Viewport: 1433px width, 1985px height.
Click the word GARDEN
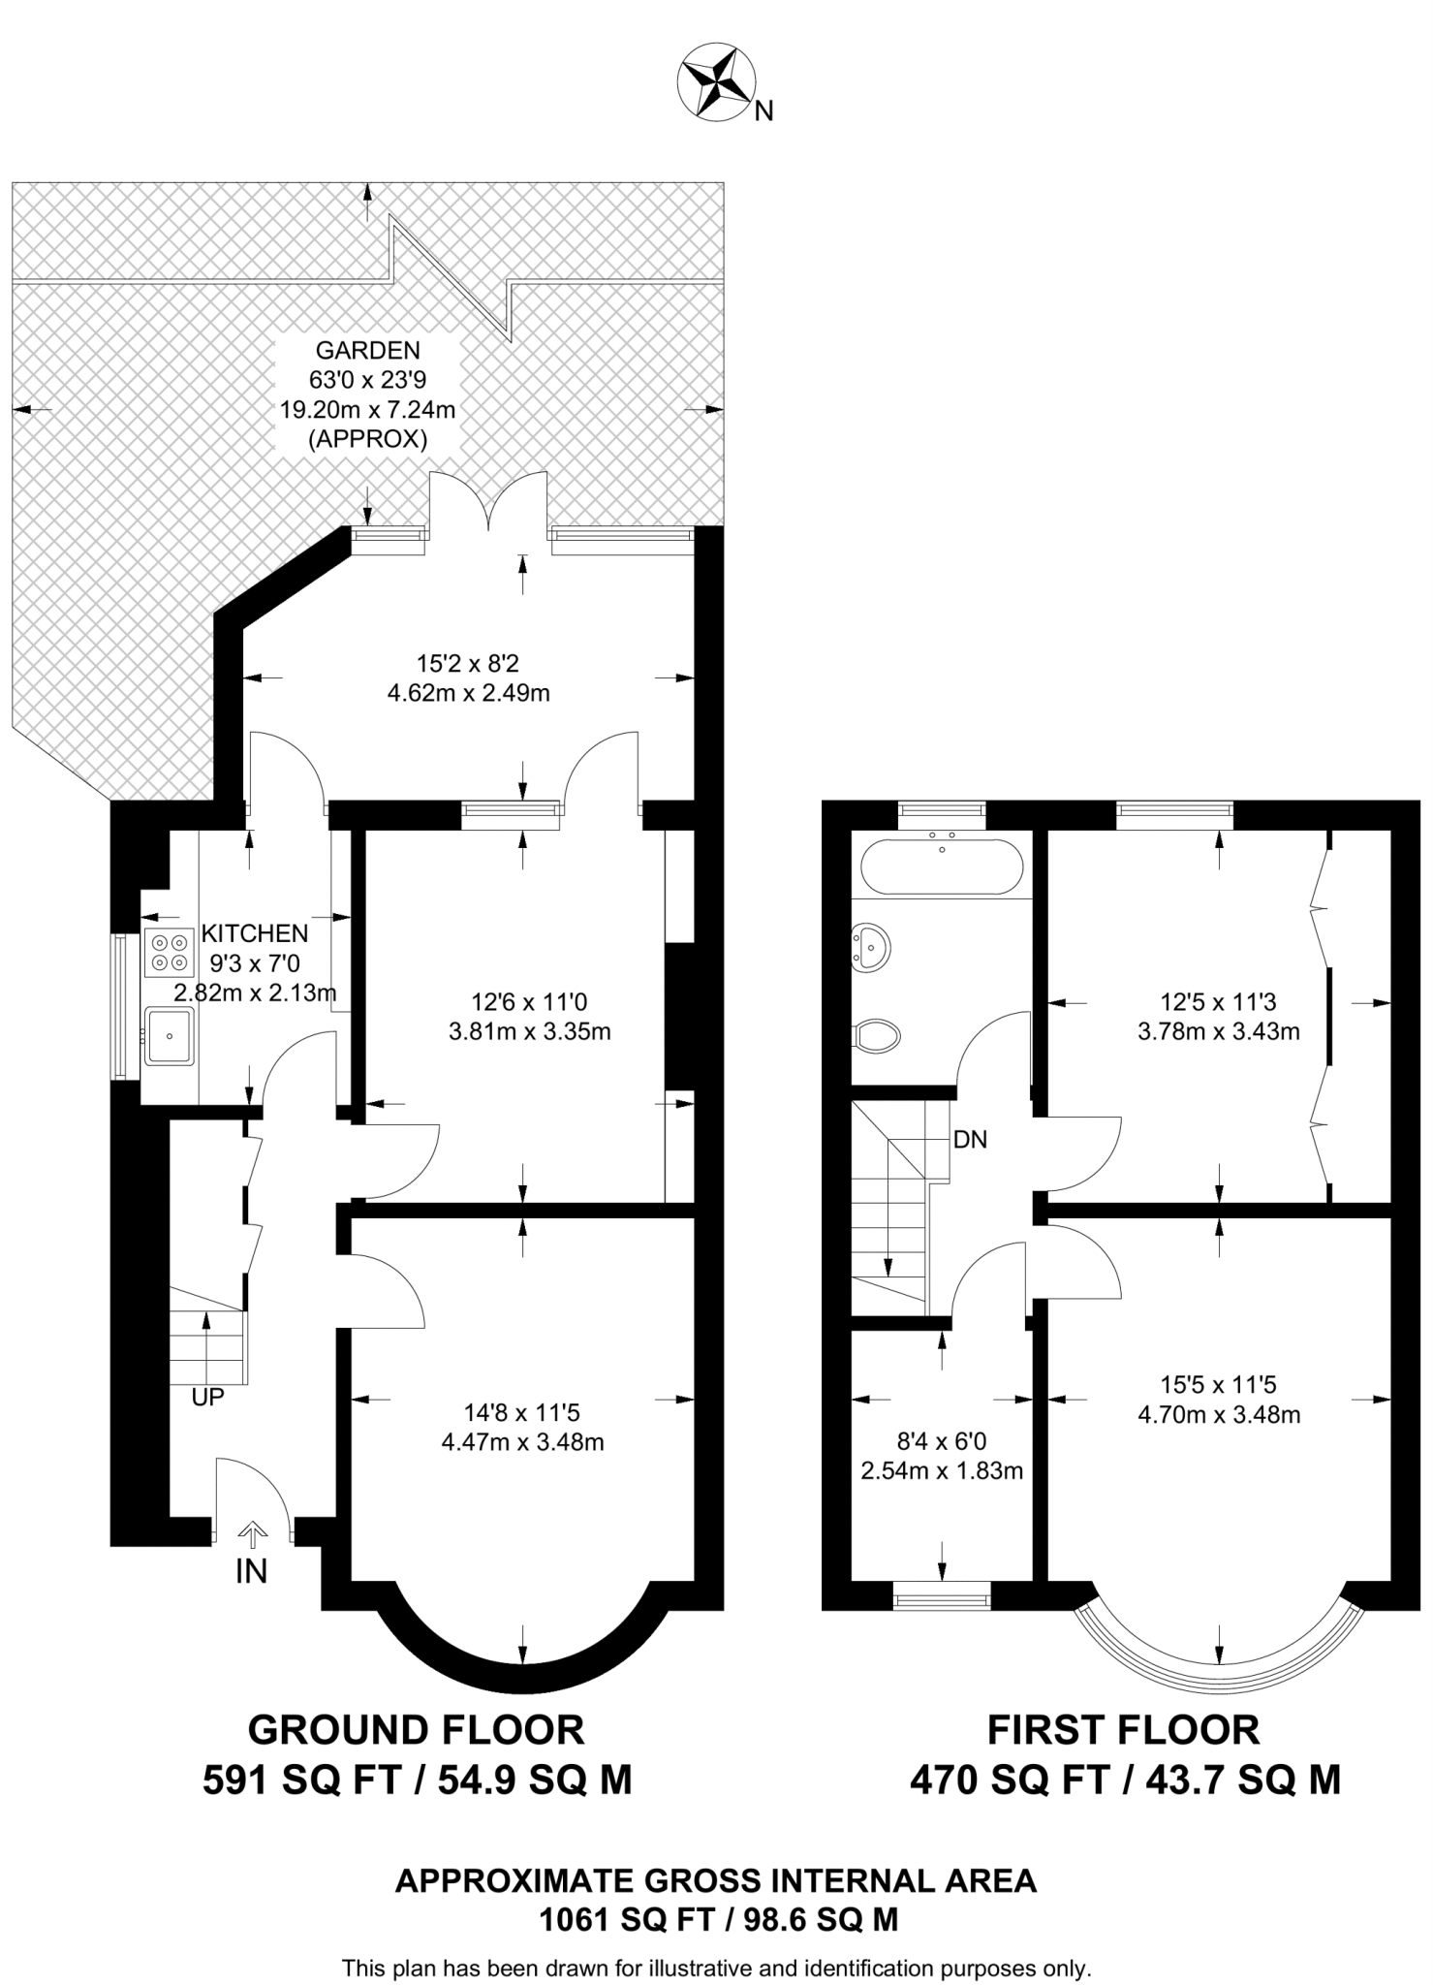(x=367, y=351)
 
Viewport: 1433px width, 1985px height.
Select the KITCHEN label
(x=255, y=933)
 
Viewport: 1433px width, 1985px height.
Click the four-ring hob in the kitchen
(x=168, y=952)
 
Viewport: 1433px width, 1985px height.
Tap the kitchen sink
(x=170, y=1035)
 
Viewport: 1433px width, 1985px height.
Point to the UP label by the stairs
(x=208, y=1397)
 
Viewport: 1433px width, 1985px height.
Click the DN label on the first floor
(x=970, y=1140)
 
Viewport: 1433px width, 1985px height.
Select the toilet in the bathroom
(x=878, y=1035)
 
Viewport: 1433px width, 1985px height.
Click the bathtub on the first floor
(x=941, y=866)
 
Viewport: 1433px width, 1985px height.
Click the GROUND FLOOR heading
(x=417, y=1730)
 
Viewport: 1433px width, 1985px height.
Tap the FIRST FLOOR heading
(x=1124, y=1730)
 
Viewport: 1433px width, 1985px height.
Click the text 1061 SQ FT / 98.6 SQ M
(x=718, y=1919)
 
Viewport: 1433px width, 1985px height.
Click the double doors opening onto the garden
(x=489, y=504)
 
